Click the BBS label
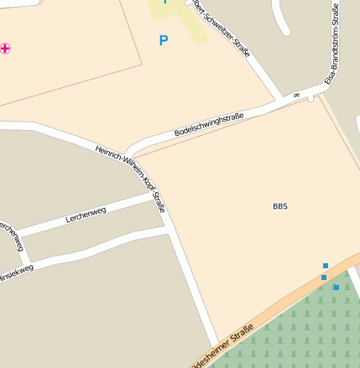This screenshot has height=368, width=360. coord(279,206)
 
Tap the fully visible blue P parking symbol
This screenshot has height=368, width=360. coord(163,40)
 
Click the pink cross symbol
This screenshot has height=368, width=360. coord(6,49)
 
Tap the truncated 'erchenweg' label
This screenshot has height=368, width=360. coord(11,236)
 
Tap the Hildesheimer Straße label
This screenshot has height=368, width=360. coord(223,351)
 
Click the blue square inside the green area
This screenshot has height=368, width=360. coord(337,288)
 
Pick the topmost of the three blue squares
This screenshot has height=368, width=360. coord(326,266)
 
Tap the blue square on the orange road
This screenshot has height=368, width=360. coord(324,277)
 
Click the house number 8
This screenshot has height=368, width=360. coord(297,95)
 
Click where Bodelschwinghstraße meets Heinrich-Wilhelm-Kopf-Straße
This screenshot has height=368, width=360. coord(130,153)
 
